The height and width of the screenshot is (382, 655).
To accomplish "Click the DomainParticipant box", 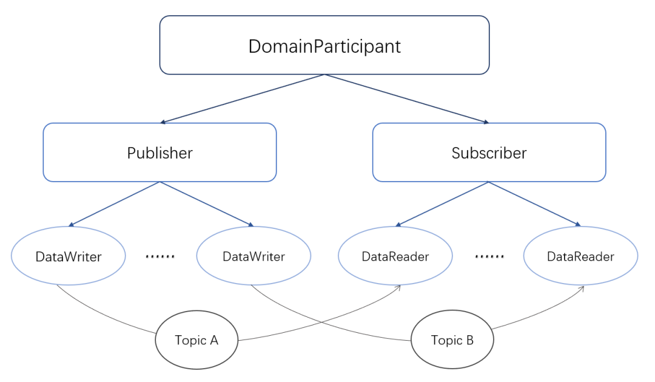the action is [x=324, y=45].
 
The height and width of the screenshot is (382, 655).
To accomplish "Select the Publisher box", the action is [x=160, y=152].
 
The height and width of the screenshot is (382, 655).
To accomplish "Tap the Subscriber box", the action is [x=489, y=152].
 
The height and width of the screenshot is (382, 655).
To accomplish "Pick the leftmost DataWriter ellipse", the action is [x=68, y=256].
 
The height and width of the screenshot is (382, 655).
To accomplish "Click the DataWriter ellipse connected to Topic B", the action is [x=254, y=256].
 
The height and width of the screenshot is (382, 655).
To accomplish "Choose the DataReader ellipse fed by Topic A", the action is [x=395, y=256].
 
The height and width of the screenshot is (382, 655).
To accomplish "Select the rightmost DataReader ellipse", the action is [x=580, y=256].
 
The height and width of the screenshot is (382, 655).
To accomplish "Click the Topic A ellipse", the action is [x=196, y=339].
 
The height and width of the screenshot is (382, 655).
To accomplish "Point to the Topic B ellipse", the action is [x=452, y=339].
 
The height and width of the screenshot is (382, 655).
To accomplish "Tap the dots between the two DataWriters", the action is [x=160, y=256].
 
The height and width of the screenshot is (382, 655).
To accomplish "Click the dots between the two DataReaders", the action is [x=489, y=256].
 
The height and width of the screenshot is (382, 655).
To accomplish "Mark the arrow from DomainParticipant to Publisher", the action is [x=242, y=99].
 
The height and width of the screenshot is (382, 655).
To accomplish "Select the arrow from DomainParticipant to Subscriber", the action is [x=406, y=99].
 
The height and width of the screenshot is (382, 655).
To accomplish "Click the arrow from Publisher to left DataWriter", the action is [x=114, y=204].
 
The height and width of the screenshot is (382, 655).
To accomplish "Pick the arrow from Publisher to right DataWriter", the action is [x=207, y=204].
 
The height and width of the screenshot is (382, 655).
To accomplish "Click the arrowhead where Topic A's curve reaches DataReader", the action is [x=398, y=288].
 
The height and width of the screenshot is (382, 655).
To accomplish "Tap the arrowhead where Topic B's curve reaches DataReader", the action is [x=582, y=288].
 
